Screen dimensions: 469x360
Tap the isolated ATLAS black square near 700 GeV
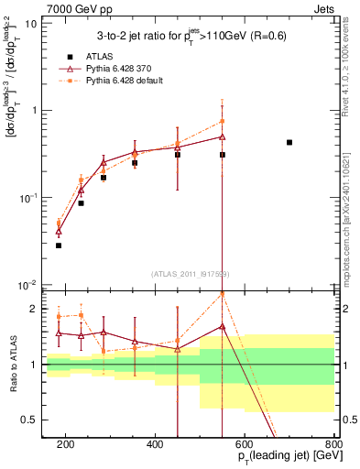289,142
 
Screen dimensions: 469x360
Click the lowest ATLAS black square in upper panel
59,245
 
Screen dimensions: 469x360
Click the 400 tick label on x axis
155,444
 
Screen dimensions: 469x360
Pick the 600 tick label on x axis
245,444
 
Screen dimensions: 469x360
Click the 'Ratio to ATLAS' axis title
10,365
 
